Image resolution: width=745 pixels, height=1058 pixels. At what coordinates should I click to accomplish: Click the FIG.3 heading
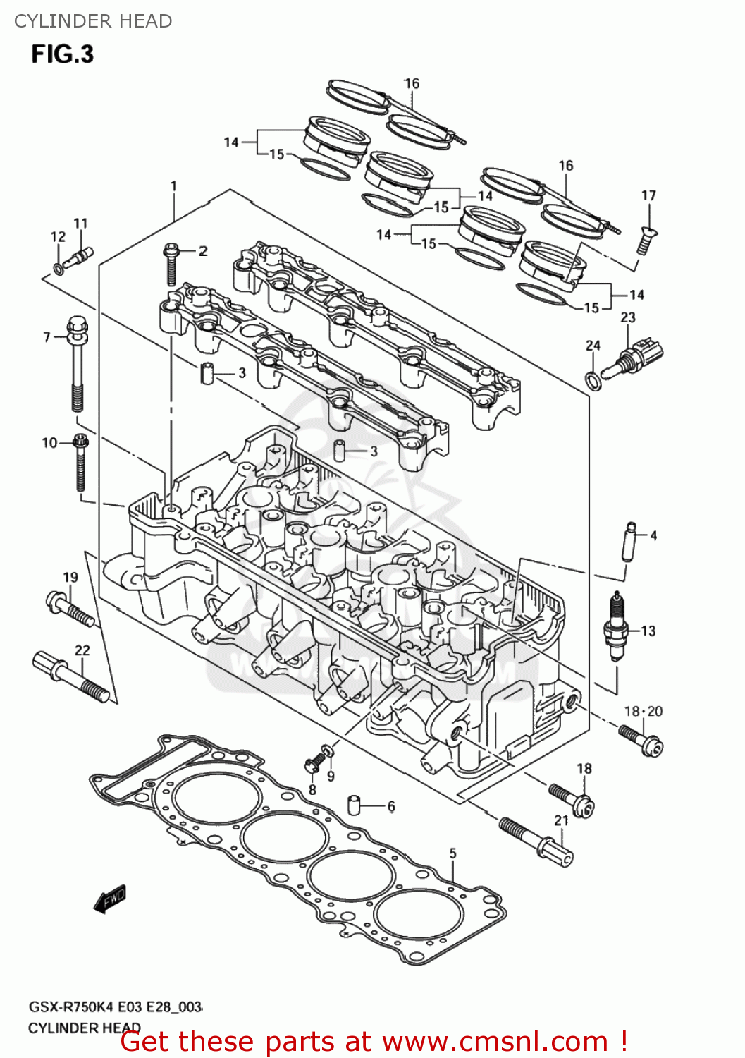point(62,54)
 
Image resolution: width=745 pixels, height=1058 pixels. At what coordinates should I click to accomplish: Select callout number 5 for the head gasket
point(452,853)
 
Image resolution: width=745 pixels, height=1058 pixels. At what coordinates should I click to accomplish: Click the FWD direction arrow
point(110,899)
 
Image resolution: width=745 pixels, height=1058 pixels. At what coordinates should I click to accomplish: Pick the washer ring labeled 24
point(593,381)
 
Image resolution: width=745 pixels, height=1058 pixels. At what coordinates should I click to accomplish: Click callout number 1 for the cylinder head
point(173,187)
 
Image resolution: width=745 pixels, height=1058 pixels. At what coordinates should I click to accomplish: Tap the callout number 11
point(80,224)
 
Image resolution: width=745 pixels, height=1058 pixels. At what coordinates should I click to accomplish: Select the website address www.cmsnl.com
point(495,1041)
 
